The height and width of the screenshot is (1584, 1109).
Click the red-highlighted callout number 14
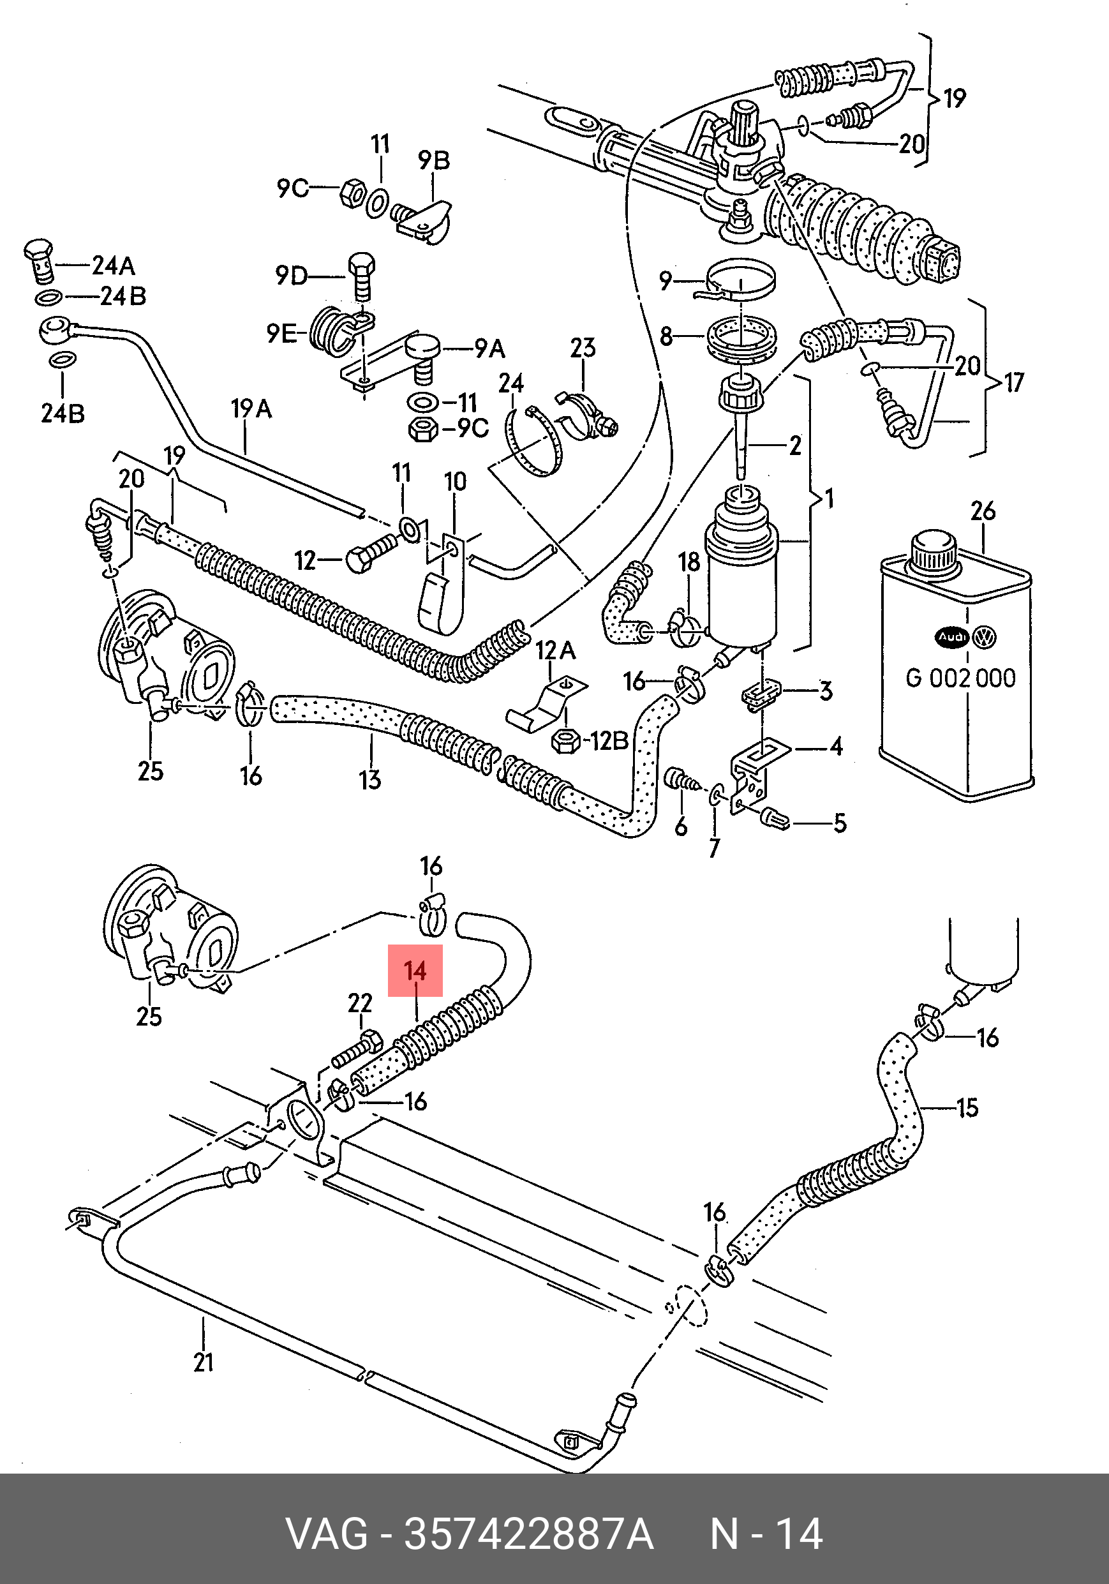click(x=415, y=971)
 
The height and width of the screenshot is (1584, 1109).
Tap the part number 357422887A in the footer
click(x=528, y=1534)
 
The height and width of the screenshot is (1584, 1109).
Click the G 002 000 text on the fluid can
click(x=960, y=678)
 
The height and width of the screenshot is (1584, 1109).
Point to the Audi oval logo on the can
click(x=952, y=638)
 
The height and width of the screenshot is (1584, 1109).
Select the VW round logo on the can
click(x=984, y=638)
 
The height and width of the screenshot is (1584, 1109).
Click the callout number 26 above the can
click(x=983, y=511)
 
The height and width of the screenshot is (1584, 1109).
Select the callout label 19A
click(x=251, y=409)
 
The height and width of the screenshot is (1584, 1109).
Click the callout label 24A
click(x=114, y=265)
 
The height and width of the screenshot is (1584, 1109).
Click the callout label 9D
click(x=291, y=276)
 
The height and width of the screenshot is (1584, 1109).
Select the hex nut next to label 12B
click(x=566, y=742)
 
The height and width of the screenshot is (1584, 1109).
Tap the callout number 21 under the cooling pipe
click(x=204, y=1363)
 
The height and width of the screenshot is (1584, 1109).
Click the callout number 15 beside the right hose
click(x=967, y=1108)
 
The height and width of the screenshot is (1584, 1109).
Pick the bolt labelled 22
click(x=357, y=1048)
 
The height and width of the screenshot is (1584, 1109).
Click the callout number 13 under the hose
click(x=369, y=780)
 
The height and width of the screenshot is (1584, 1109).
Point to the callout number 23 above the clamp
click(x=583, y=348)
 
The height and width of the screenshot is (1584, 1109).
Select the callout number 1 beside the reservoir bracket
click(x=830, y=498)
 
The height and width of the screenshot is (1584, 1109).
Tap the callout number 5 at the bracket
click(x=840, y=823)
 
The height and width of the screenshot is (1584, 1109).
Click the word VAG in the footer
click(x=327, y=1534)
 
